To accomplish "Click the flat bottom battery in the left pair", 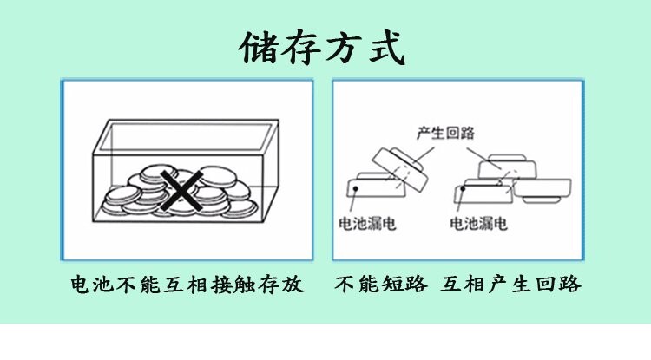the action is tap(375, 189).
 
